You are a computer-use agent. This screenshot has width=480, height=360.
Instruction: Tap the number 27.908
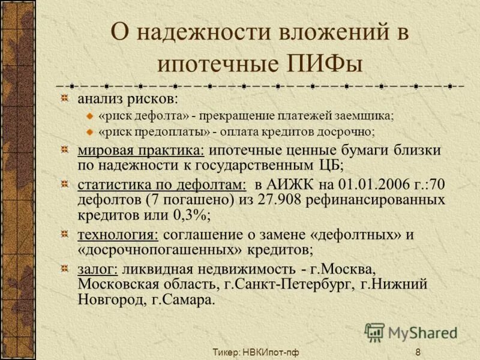click(x=278, y=199)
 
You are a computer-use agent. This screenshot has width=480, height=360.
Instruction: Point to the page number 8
click(x=418, y=352)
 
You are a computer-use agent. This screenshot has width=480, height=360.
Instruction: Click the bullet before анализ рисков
click(x=64, y=98)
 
